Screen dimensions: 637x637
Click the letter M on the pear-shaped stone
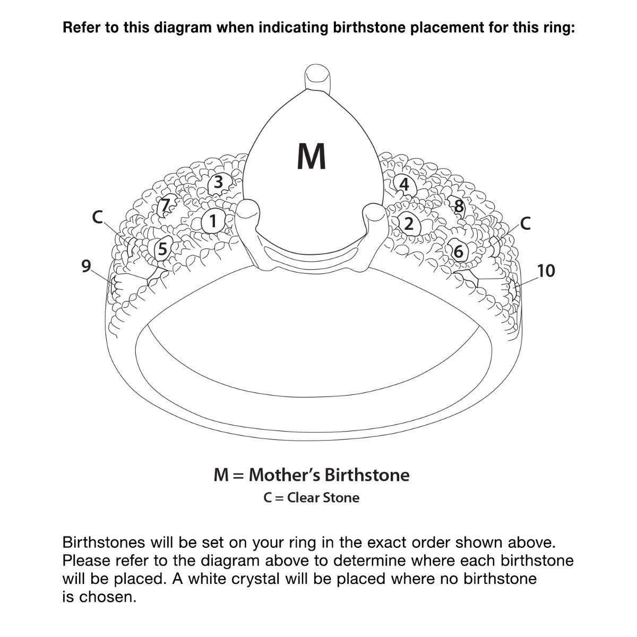312,157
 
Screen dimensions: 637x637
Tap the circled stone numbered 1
213,220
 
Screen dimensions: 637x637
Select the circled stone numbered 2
408,223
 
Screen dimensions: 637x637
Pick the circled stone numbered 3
218,183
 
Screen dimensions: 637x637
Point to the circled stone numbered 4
404,185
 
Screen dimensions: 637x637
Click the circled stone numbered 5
162,248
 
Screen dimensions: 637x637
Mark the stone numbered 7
166,204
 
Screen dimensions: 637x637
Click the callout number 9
86,265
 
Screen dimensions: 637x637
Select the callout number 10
546,271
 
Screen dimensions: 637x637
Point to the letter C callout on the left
97,217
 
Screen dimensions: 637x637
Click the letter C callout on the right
525,223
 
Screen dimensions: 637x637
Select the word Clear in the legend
304,498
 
